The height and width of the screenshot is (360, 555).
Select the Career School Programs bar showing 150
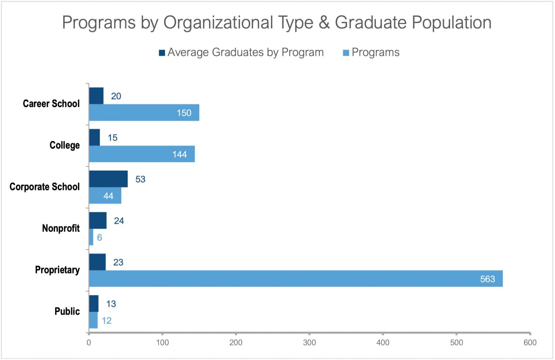pyautogui.click(x=144, y=113)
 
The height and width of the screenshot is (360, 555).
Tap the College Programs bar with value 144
pyautogui.click(x=142, y=154)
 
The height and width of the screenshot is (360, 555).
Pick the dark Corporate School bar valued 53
pyautogui.click(x=108, y=179)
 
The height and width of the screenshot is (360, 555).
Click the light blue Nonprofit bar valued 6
pyautogui.click(x=91, y=237)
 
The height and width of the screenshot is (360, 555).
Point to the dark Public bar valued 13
pyautogui.click(x=94, y=304)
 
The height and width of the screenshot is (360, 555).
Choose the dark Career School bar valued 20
pyautogui.click(x=96, y=96)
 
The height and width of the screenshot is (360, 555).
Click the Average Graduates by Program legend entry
pyautogui.click(x=241, y=52)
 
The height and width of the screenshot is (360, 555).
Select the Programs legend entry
pyautogui.click(x=371, y=52)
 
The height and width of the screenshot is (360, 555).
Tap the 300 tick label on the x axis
pyautogui.click(x=309, y=343)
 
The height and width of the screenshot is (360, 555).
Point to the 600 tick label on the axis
pyautogui.click(x=530, y=343)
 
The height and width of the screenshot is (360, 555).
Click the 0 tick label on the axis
pyautogui.click(x=89, y=343)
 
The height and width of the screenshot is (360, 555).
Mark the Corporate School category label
pyautogui.click(x=44, y=187)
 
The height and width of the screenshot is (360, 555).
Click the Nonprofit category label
pyautogui.click(x=61, y=228)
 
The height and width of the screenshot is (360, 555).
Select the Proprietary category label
pyautogui.click(x=57, y=270)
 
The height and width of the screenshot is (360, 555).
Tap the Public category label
pyautogui.click(x=67, y=311)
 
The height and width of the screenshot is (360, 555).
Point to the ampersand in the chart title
pyautogui.click(x=324, y=23)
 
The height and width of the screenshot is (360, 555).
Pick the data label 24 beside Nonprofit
pyautogui.click(x=119, y=221)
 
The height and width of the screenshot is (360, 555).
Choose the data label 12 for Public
pyautogui.click(x=106, y=320)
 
